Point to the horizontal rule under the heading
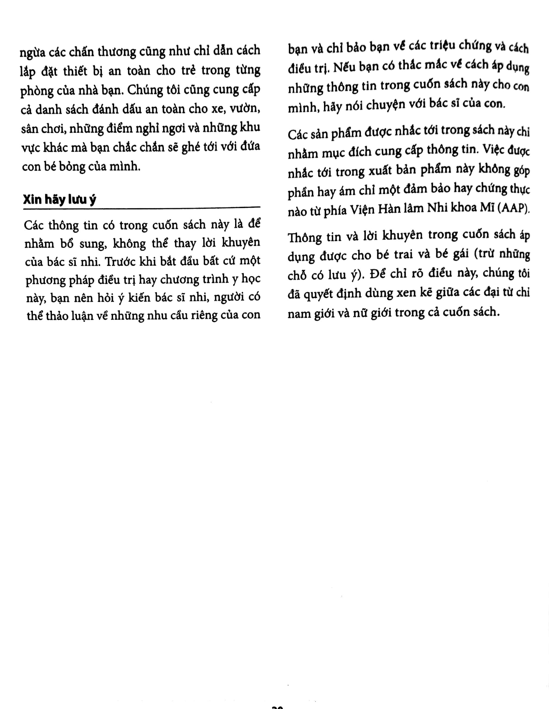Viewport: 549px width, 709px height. tap(142, 207)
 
